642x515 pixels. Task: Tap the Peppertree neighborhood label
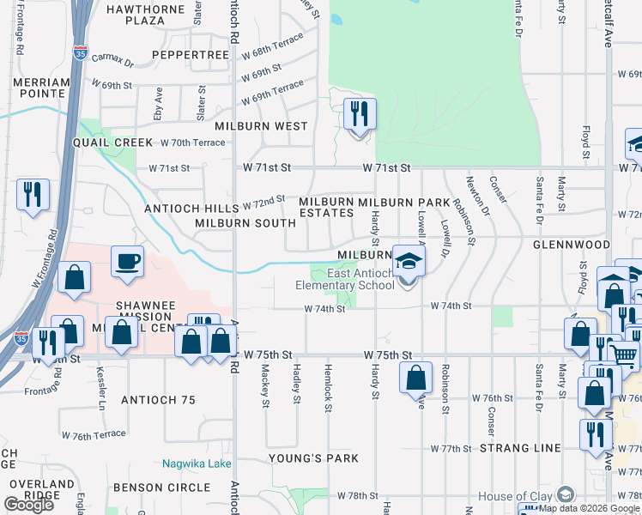(x=191, y=54)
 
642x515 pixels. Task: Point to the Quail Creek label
(x=112, y=142)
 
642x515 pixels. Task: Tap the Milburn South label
(x=245, y=223)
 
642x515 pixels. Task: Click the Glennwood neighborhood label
(x=571, y=245)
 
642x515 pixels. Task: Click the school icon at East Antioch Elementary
(x=409, y=260)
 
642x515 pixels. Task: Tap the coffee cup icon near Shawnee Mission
(x=128, y=260)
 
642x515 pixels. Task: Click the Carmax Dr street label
(x=117, y=63)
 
